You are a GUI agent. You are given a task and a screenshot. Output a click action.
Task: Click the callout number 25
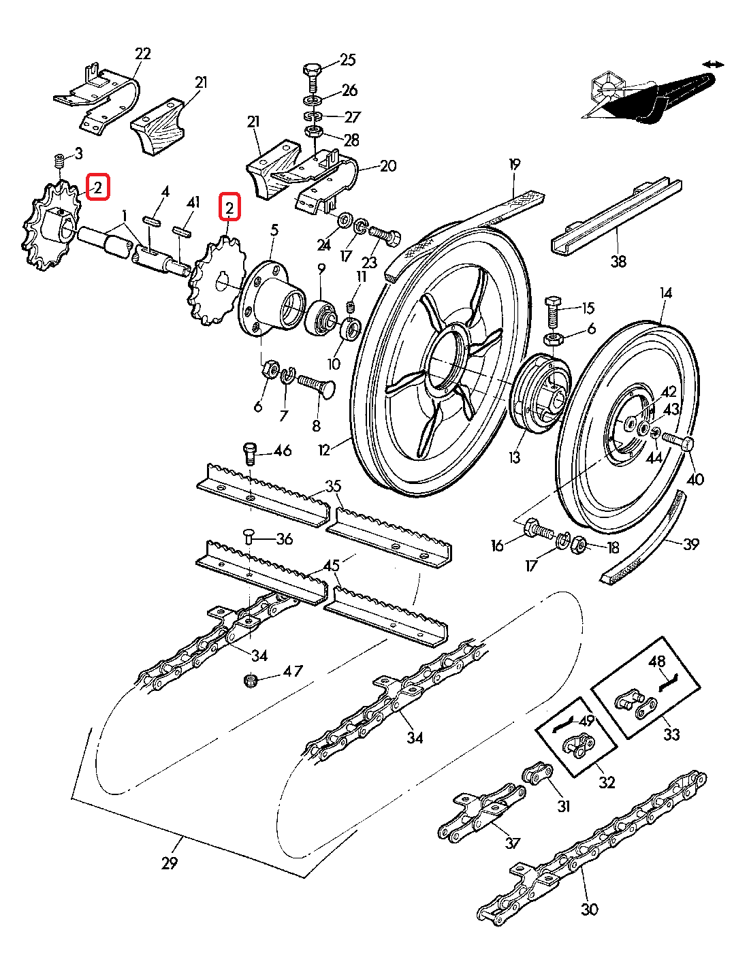tap(347, 60)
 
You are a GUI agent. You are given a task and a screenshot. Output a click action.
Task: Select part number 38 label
tap(618, 261)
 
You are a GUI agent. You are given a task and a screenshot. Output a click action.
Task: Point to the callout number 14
tap(665, 293)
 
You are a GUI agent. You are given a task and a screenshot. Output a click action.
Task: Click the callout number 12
tap(323, 450)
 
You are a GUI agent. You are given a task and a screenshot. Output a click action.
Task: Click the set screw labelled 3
tap(59, 162)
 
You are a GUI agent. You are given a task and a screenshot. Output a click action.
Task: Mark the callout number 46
tap(282, 451)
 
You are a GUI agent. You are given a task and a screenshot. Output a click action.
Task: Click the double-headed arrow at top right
tap(713, 64)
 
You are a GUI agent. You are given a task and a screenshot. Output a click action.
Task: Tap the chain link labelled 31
tap(536, 775)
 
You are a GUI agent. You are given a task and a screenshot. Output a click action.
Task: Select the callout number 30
tap(590, 909)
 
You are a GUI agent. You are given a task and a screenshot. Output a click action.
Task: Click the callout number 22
tap(143, 54)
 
